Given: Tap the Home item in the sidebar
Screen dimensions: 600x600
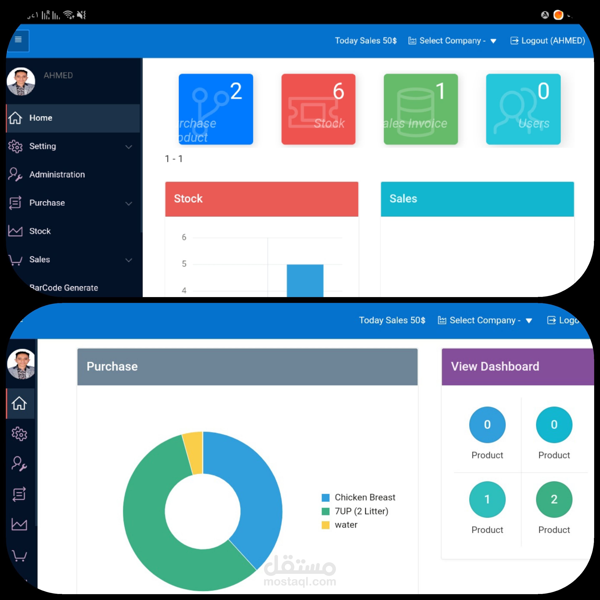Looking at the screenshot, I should point(41,118).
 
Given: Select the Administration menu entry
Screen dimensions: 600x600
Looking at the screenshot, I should point(57,175).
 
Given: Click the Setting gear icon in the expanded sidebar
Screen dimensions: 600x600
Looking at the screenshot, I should point(15,146).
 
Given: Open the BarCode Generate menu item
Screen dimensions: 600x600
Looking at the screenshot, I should point(64,287).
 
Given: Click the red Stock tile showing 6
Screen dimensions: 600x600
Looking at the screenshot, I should point(318,109).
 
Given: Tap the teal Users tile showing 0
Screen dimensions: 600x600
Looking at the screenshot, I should point(523,109).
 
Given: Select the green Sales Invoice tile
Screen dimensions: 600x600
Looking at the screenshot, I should point(420,109).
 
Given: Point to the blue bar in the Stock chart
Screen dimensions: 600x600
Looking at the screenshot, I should point(305,280).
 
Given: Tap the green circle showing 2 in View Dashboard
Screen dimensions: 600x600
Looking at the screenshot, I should point(554,499).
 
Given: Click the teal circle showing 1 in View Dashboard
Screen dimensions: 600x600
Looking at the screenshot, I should point(487,499).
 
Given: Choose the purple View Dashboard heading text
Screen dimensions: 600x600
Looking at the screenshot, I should point(495,366).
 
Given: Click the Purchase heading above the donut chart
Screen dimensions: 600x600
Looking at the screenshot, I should point(112,366).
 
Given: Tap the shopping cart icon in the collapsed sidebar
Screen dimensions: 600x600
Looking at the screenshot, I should point(19,556).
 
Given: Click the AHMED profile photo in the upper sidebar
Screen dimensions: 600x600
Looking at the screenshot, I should point(21,81).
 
